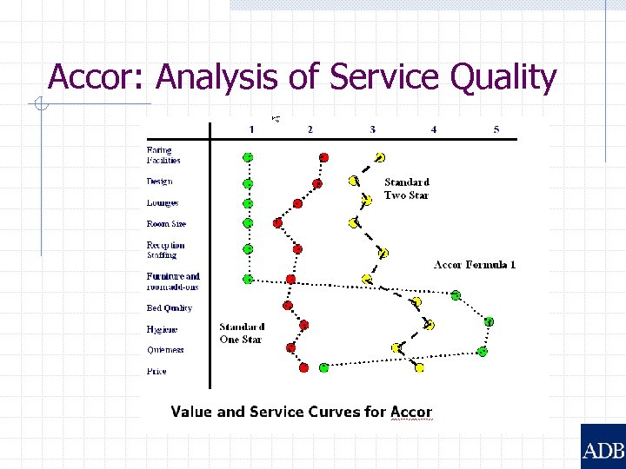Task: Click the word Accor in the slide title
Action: click(x=97, y=77)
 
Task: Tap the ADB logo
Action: click(x=603, y=449)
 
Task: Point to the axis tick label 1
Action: click(x=251, y=129)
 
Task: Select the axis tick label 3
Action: click(x=373, y=129)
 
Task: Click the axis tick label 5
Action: click(x=496, y=129)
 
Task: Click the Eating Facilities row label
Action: click(x=163, y=155)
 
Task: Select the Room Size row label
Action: click(x=165, y=224)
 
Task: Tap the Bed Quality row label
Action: click(x=169, y=308)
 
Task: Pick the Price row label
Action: click(x=156, y=372)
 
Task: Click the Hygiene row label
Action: click(x=162, y=330)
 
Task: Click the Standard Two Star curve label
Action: click(x=407, y=188)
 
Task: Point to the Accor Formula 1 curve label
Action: click(x=475, y=265)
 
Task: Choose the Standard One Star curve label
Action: click(x=242, y=334)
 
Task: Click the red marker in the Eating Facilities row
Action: click(x=324, y=157)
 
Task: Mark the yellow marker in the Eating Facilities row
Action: click(x=380, y=157)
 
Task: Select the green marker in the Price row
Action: click(x=323, y=367)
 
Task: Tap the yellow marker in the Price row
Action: click(x=419, y=367)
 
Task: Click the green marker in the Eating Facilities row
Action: click(x=248, y=157)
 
